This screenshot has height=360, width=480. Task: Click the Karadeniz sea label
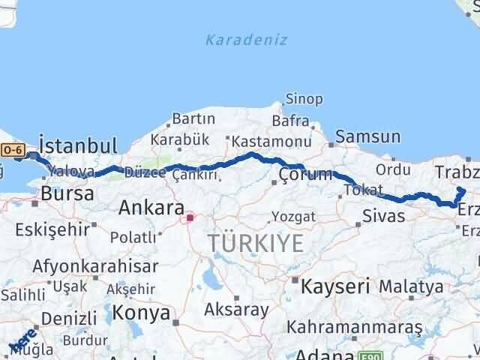[x=246, y=40]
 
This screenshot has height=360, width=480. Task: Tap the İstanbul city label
[x=78, y=145]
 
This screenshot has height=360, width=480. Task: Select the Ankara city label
[x=151, y=207]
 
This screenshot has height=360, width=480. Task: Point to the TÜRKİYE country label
[x=256, y=242]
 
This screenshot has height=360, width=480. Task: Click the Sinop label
[x=304, y=99]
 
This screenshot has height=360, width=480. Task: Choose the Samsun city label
[x=367, y=136]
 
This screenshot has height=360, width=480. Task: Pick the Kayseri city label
[x=335, y=286]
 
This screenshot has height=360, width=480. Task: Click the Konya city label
[x=142, y=313]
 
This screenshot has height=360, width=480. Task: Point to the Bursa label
[x=67, y=193]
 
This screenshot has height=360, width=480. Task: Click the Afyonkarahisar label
[x=94, y=266]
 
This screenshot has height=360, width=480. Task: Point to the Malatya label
[x=410, y=286]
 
